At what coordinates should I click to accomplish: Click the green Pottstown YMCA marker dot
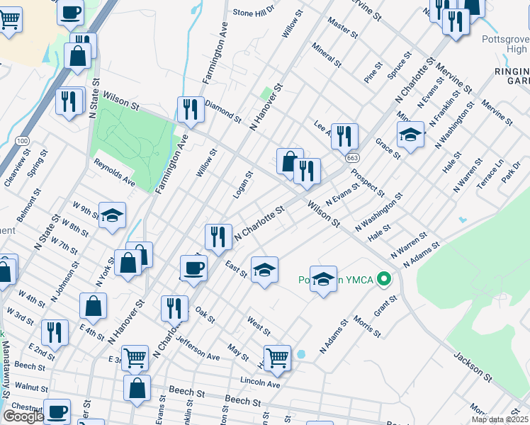pyautogui.click(x=385, y=278)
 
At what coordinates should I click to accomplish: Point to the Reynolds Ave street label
pyautogui.click(x=115, y=172)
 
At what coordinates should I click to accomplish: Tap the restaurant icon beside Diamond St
pyautogui.click(x=191, y=109)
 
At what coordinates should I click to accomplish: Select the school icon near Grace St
pyautogui.click(x=410, y=135)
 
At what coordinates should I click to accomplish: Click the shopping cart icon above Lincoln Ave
pyautogui.click(x=277, y=357)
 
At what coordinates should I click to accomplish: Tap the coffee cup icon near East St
pyautogui.click(x=194, y=267)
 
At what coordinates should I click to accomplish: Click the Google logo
pyautogui.click(x=23, y=416)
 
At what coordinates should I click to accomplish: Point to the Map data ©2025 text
pyautogui.click(x=500, y=419)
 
